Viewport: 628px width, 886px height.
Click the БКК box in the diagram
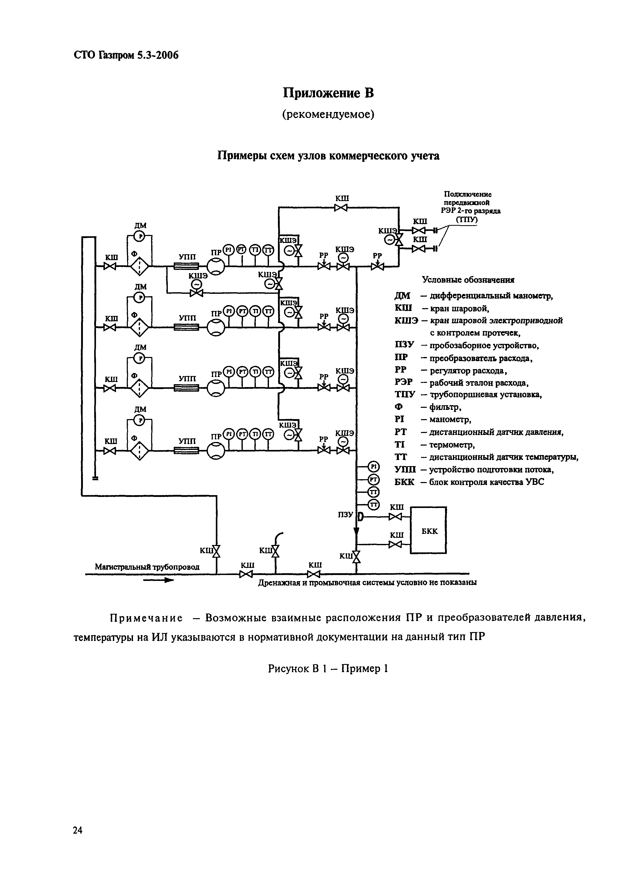coord(429,531)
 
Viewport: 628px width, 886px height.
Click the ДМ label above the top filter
coord(140,225)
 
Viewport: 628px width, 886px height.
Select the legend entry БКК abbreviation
coord(404,482)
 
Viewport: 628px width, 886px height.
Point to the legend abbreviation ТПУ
coord(404,395)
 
